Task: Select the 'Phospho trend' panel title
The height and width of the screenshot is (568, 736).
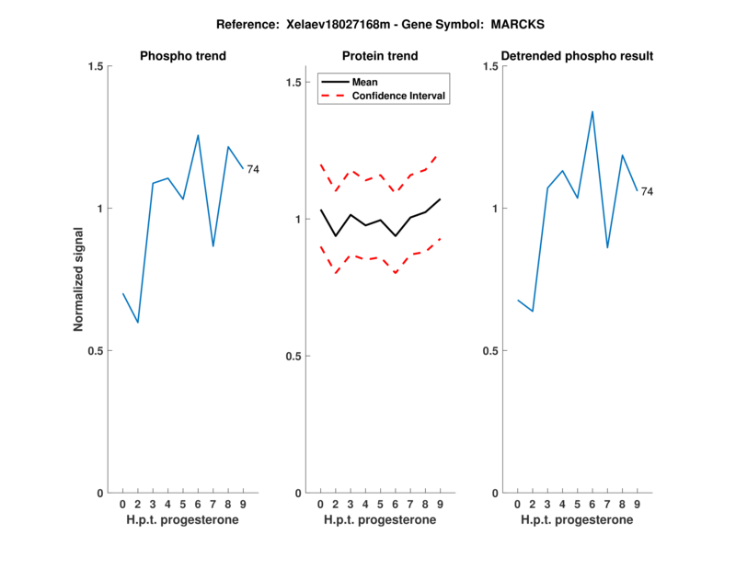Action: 183,56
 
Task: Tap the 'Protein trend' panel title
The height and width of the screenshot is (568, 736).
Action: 380,56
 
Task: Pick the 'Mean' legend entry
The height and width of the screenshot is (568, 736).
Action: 364,82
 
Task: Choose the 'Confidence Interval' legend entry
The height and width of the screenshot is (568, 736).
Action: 399,96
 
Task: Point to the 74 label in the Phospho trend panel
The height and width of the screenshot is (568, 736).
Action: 253,169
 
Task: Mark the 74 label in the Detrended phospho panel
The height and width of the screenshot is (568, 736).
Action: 647,191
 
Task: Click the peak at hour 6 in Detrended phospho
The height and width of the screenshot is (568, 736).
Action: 592,111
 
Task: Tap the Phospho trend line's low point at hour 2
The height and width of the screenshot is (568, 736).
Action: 138,323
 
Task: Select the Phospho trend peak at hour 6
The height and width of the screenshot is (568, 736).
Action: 198,135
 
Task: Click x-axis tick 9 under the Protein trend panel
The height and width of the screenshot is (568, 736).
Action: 440,505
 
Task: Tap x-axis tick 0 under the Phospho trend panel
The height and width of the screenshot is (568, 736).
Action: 123,505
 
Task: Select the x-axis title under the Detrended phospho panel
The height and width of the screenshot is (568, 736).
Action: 577,520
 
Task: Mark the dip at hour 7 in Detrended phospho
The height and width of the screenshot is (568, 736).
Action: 607,248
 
